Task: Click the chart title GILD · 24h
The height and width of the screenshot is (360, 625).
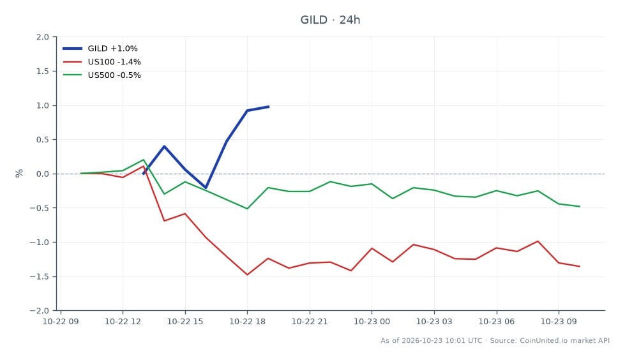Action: click(x=330, y=20)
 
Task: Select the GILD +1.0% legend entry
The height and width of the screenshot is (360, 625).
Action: click(x=100, y=49)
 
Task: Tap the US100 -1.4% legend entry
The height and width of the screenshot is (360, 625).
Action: click(x=102, y=62)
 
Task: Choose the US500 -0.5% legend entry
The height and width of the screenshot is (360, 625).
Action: click(x=102, y=75)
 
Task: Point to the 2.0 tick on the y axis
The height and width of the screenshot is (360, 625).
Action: click(x=43, y=37)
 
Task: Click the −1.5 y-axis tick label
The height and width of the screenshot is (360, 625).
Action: click(x=39, y=276)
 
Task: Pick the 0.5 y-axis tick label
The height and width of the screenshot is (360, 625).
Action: click(x=43, y=140)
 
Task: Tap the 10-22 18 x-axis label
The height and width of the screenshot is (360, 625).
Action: click(x=247, y=321)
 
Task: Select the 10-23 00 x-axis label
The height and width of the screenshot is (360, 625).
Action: click(x=372, y=321)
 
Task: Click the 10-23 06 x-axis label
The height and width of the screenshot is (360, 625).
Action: click(x=496, y=321)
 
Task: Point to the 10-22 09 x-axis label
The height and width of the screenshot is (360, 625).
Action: click(x=61, y=321)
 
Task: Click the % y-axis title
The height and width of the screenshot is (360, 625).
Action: click(x=19, y=174)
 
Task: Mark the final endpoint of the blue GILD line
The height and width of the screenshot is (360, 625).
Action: click(x=269, y=107)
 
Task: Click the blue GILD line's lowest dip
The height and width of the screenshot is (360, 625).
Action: click(x=206, y=188)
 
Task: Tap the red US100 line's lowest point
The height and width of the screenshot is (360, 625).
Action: click(x=247, y=274)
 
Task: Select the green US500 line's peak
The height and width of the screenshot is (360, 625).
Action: click(x=144, y=160)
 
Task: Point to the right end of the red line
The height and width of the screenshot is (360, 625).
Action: click(x=580, y=266)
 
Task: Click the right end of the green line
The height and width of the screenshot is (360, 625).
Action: click(x=580, y=207)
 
